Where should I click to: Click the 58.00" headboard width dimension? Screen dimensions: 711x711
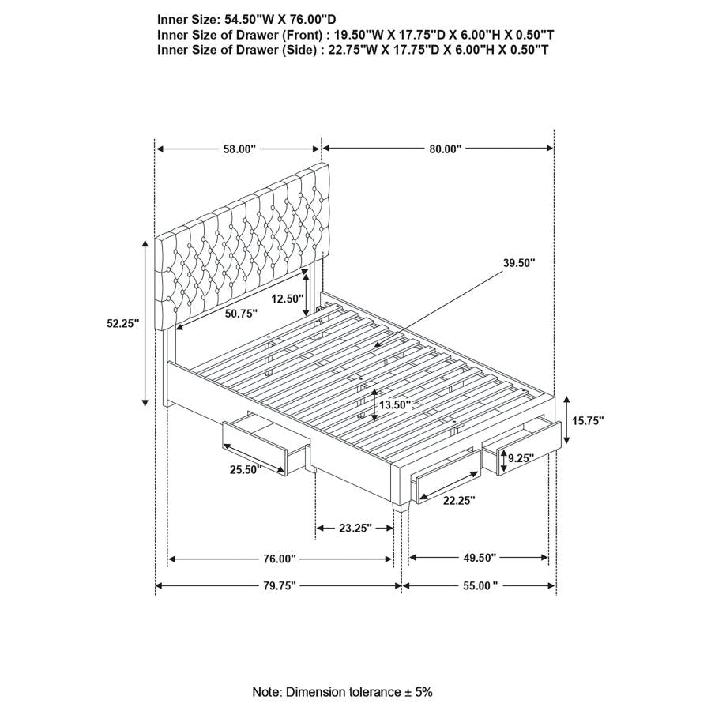239,149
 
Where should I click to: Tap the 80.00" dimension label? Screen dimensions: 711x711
446,149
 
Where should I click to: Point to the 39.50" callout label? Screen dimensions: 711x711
517,262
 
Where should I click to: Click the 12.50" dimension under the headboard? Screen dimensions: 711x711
286,299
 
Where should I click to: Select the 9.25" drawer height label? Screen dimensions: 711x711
522,457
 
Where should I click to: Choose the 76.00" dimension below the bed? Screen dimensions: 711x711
279,559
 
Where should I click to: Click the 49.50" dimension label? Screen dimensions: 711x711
479,558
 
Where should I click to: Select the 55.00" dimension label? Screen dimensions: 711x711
480,585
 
